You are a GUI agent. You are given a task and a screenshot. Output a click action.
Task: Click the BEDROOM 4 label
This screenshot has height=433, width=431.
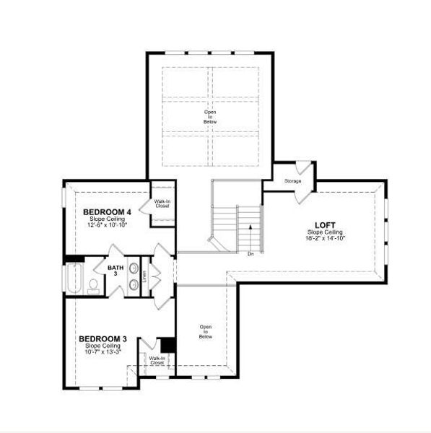pyautogui.click(x=108, y=211)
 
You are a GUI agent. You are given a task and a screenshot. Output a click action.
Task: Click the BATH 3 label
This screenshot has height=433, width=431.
pyautogui.click(x=116, y=270)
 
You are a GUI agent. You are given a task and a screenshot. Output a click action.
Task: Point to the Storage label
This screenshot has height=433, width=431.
pyautogui.click(x=292, y=181)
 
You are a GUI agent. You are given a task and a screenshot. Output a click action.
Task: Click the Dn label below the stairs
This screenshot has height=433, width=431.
pyautogui.click(x=251, y=254)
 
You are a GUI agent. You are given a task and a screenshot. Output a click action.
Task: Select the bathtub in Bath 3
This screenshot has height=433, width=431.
pyautogui.click(x=74, y=277)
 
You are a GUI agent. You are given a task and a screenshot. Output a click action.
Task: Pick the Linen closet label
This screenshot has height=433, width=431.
pyautogui.click(x=144, y=276)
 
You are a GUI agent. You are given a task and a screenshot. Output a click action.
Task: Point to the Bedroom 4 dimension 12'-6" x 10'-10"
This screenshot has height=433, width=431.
pyautogui.click(x=108, y=224)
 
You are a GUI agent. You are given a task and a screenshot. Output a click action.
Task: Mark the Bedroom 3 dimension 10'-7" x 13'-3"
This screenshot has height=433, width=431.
pyautogui.click(x=103, y=351)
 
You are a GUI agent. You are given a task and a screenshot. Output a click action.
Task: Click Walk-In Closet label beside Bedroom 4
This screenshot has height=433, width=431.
pyautogui.click(x=162, y=204)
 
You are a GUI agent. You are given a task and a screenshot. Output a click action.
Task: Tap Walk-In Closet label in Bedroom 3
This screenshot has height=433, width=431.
pyautogui.click(x=156, y=360)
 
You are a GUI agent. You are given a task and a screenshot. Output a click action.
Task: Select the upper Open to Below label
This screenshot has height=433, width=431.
pyautogui.click(x=209, y=117)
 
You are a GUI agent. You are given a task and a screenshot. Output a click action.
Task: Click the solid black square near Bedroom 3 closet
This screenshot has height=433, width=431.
pyautogui.click(x=167, y=345)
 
